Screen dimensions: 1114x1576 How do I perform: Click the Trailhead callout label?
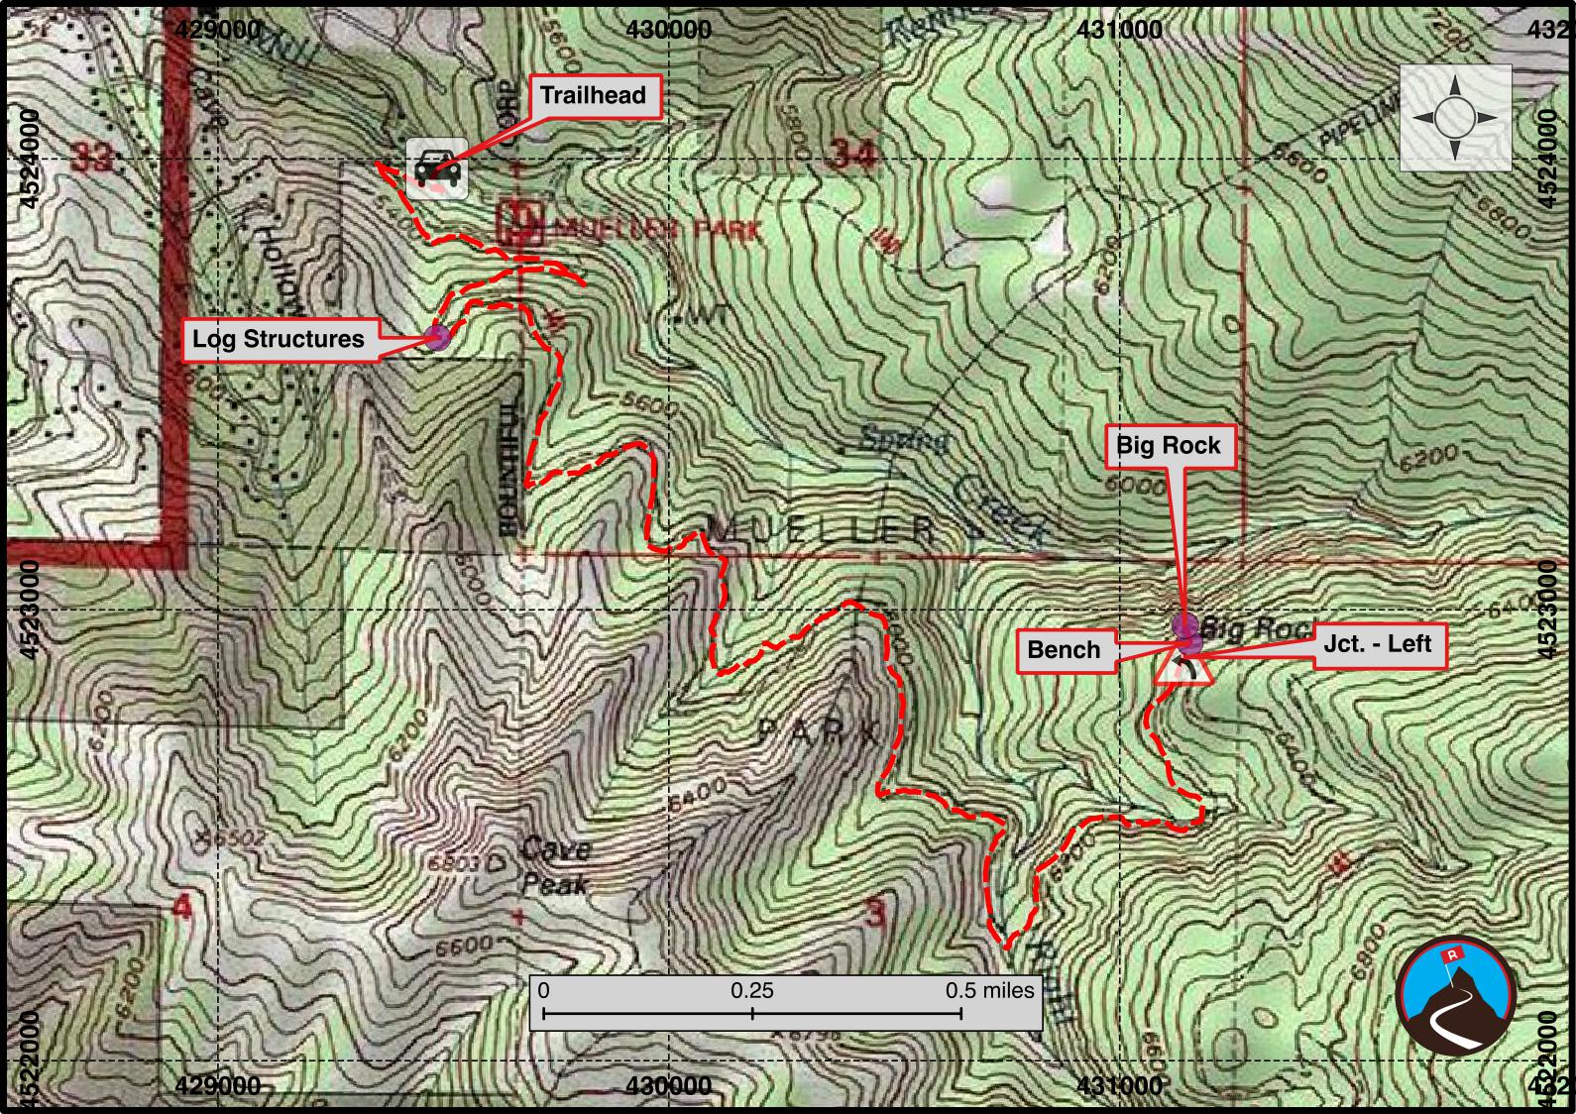tap(592, 96)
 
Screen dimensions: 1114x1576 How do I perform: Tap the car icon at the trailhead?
tap(437, 168)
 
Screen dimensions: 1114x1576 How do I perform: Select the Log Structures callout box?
tap(279, 339)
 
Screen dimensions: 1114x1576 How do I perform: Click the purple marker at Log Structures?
tap(438, 337)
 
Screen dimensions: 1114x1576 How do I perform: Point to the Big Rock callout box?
tap(1169, 446)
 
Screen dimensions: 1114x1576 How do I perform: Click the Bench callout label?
tap(1064, 650)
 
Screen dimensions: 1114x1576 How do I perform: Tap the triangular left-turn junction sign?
tap(1183, 669)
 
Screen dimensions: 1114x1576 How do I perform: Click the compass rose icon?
tap(1455, 117)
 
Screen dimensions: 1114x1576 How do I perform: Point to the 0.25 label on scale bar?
tap(752, 990)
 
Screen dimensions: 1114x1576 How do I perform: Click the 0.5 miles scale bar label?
tap(988, 990)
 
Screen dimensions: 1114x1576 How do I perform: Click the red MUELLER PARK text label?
tap(659, 231)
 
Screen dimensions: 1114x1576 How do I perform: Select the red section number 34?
tap(853, 154)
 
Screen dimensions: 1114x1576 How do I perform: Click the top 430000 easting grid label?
tap(669, 30)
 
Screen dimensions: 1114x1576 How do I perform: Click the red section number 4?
tap(183, 907)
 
